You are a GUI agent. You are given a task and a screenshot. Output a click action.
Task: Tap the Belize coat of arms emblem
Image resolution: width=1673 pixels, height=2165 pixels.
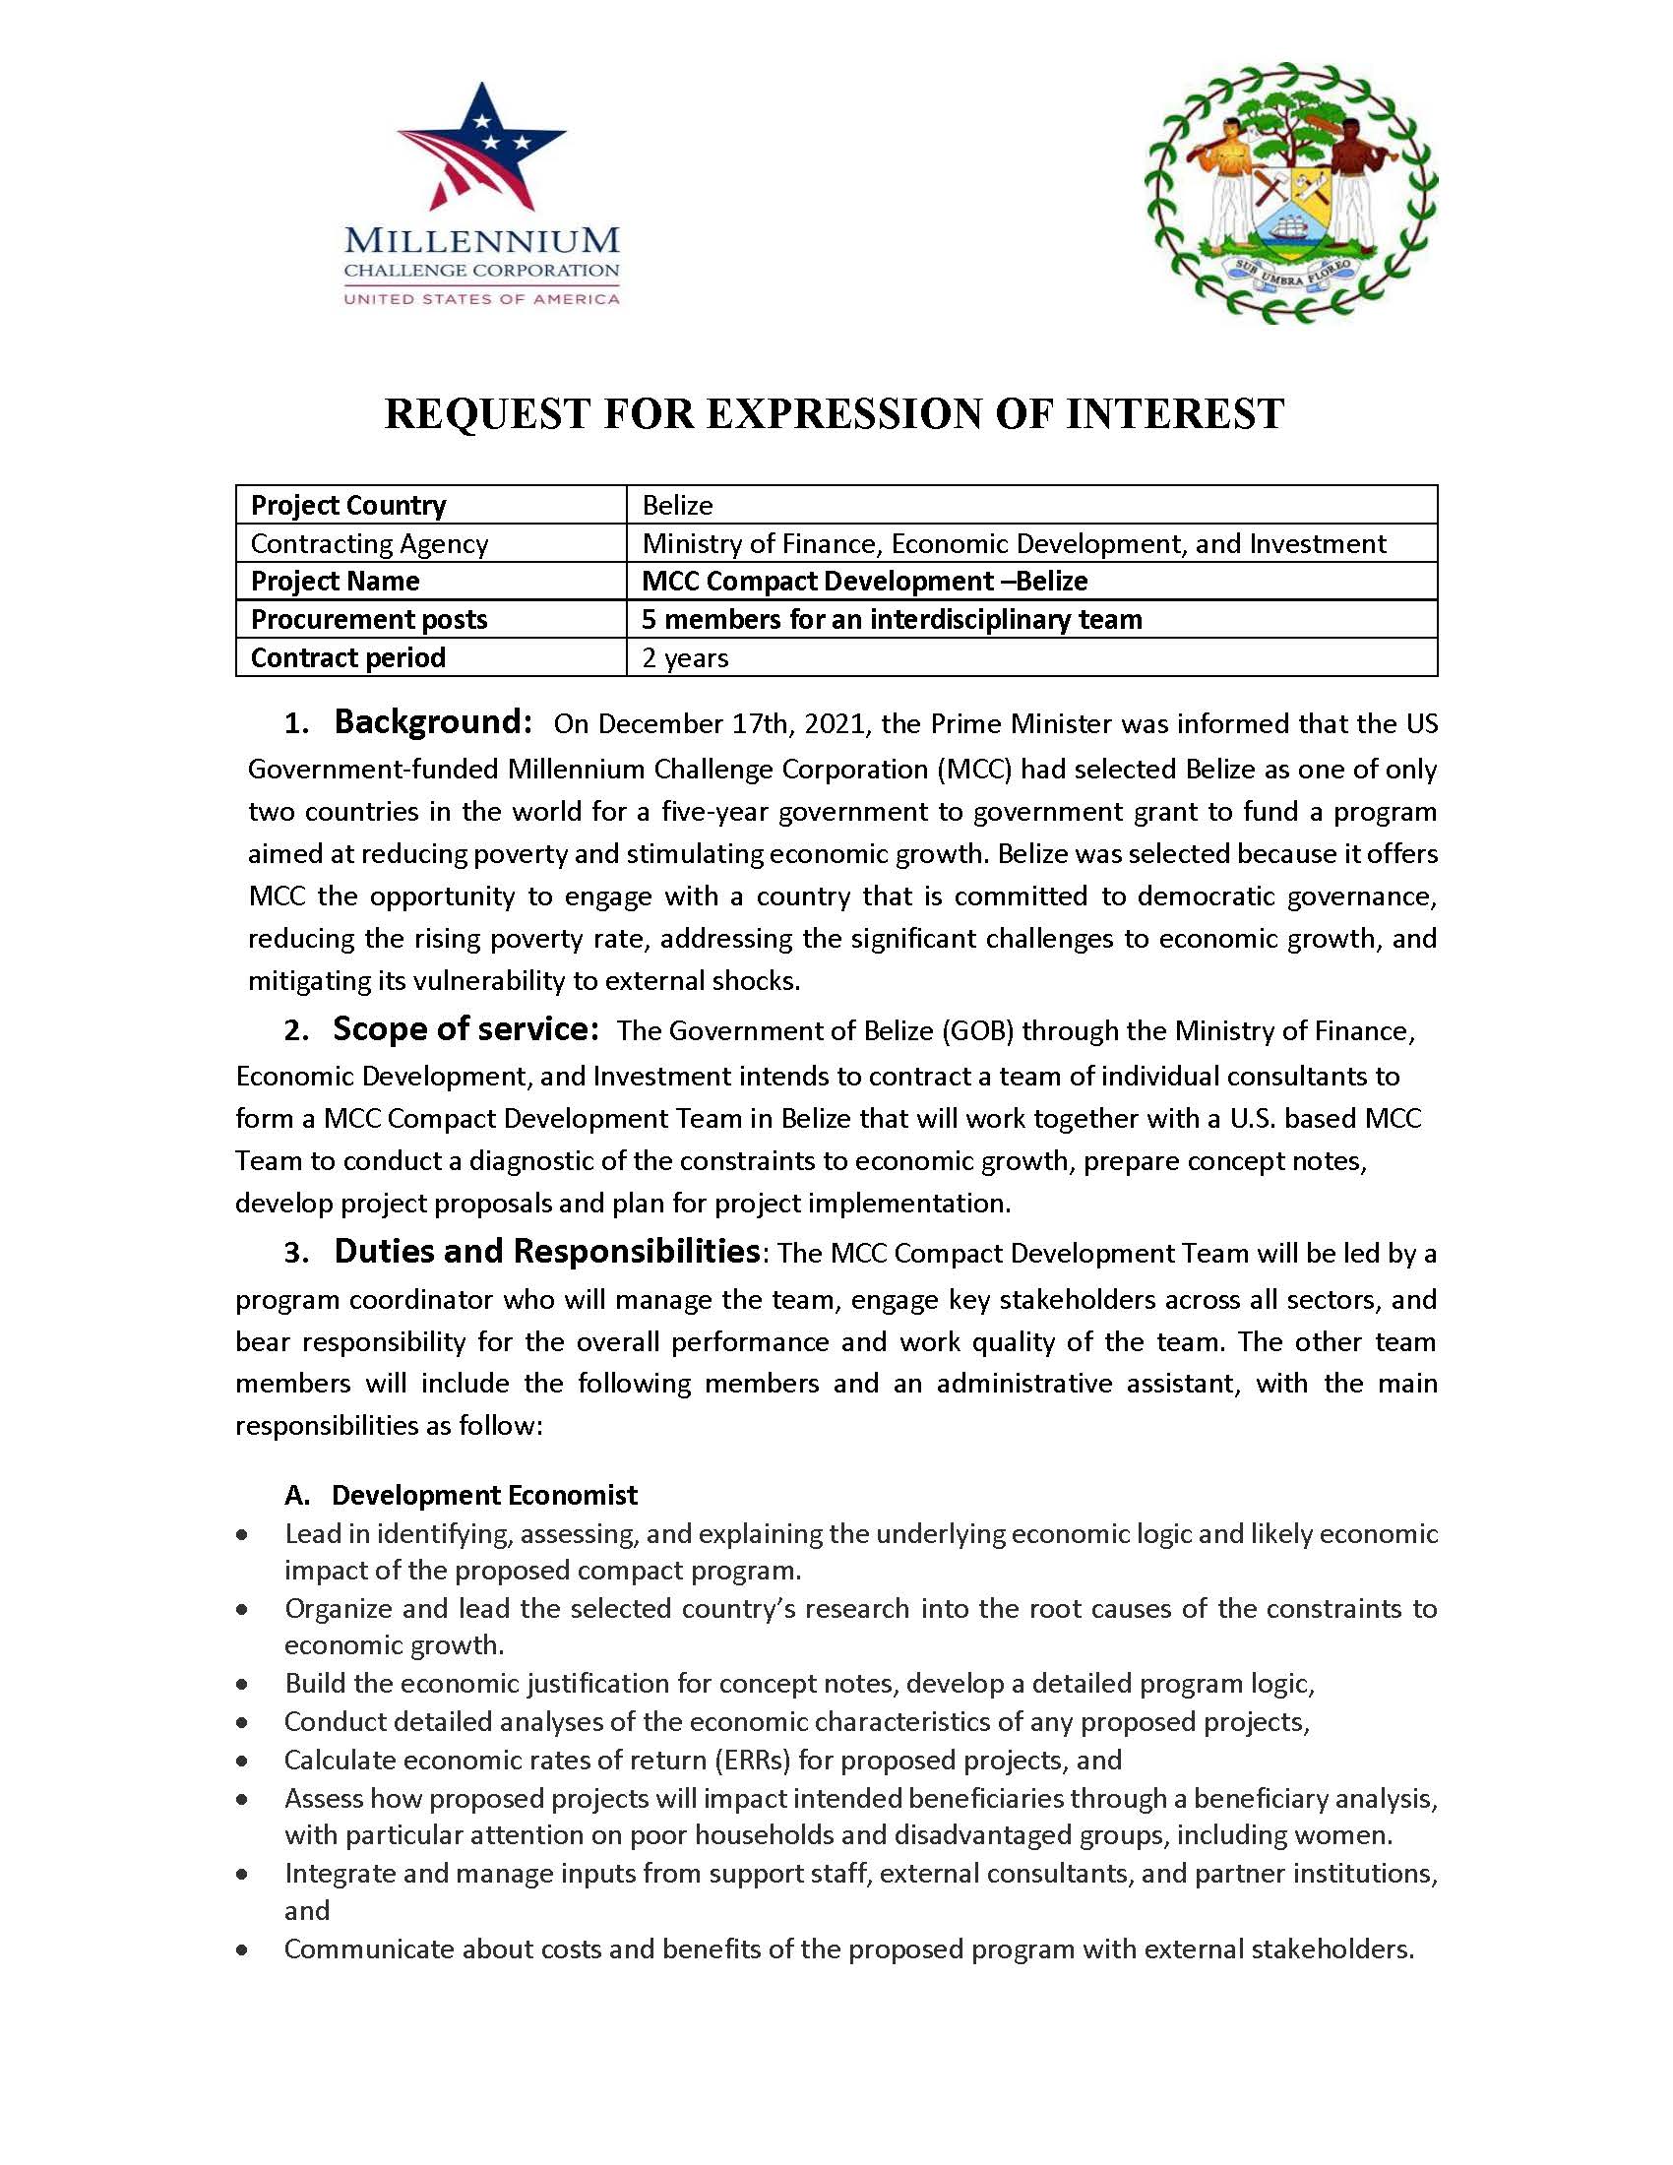pos(1290,193)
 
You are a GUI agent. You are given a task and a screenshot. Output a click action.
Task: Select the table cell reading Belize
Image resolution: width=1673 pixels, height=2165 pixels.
pos(677,506)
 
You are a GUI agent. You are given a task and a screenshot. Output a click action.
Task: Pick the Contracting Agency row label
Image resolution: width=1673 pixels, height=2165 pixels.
pos(369,543)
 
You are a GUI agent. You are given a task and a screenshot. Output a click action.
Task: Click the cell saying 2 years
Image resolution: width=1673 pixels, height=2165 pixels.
pos(685,658)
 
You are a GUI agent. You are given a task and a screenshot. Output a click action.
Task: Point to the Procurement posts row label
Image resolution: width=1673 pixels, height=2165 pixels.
pos(369,620)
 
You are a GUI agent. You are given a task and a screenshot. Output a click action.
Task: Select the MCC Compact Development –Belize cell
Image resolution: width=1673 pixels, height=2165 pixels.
pos(864,581)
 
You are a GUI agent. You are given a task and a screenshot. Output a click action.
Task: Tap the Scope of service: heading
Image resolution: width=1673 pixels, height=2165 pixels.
pos(465,1029)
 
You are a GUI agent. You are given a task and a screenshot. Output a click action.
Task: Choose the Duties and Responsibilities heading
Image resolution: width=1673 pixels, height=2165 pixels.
pos(547,1252)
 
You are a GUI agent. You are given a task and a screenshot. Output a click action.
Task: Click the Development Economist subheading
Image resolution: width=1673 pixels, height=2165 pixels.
pos(484,1495)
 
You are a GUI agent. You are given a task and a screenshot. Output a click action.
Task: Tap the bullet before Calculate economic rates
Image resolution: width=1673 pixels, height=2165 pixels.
pos(242,1761)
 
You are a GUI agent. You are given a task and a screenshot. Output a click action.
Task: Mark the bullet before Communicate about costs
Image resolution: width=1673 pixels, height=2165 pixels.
pos(242,1949)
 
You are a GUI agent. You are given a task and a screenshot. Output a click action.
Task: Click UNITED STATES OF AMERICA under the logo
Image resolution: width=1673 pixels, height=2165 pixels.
pos(481,298)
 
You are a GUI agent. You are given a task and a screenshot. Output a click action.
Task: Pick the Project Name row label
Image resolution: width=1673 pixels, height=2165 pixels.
pos(335,581)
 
